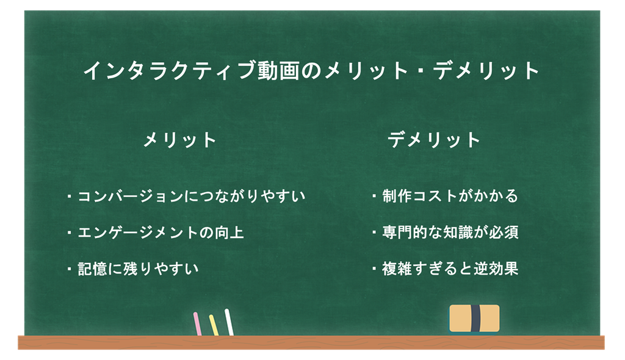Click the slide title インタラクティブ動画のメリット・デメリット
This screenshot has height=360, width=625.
pyautogui.click(x=311, y=71)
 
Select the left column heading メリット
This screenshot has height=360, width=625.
pyautogui.click(x=180, y=140)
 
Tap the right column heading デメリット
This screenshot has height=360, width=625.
pyautogui.click(x=434, y=140)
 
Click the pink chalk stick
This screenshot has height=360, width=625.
pyautogui.click(x=197, y=324)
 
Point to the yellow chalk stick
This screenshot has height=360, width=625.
pyautogui.click(x=214, y=325)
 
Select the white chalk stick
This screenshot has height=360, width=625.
pyautogui.click(x=229, y=322)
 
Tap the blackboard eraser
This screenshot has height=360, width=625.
pyautogui.click(x=474, y=319)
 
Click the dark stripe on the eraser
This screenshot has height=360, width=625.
pyautogui.click(x=475, y=319)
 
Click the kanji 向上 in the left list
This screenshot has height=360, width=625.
pyautogui.click(x=229, y=232)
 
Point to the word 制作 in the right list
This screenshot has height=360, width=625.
pyautogui.click(x=397, y=196)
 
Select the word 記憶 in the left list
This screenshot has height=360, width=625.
pyautogui.click(x=93, y=268)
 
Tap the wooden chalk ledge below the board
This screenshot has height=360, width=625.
pyautogui.click(x=311, y=342)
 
